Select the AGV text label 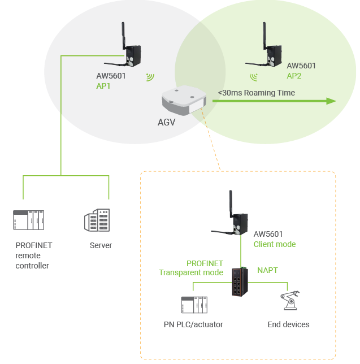click(167, 121)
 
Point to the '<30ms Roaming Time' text click(257, 92)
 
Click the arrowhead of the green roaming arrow click(330, 101)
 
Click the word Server click(101, 245)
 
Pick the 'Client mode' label click(275, 244)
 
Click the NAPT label click(268, 270)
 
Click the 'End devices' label click(288, 324)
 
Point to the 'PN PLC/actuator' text click(193, 324)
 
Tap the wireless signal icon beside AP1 click(150, 76)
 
